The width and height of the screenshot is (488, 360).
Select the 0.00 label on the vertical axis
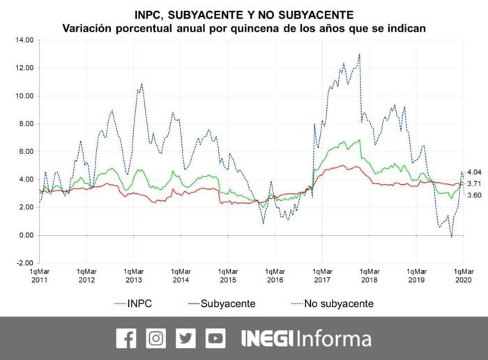25,235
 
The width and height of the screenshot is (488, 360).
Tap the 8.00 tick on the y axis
25,123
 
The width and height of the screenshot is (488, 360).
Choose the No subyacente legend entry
331,303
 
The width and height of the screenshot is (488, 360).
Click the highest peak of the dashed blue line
360,54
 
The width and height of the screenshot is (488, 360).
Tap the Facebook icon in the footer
126,338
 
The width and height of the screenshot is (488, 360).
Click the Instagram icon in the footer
156,338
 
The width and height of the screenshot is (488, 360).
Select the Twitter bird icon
186,338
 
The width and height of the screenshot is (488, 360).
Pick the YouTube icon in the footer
215,338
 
